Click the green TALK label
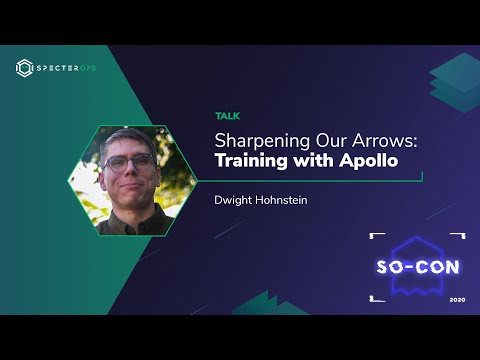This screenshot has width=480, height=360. (227, 116)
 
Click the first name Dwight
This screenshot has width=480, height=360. (236, 199)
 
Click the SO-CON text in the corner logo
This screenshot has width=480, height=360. (417, 268)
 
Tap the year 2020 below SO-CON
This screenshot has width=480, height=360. (457, 299)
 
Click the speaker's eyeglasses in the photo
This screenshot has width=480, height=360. (130, 163)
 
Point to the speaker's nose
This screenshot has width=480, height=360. (128, 172)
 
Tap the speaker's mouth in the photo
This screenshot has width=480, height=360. (127, 186)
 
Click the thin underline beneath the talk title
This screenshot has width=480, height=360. (320, 178)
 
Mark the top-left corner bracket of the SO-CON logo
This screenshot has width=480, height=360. (376, 237)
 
